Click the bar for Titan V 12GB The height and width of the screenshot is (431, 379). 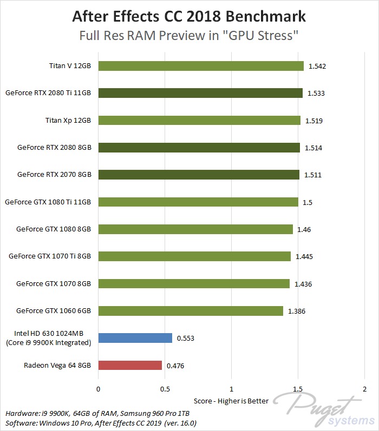200,66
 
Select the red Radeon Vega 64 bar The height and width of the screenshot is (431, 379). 130,365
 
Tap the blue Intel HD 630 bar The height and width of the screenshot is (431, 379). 135,338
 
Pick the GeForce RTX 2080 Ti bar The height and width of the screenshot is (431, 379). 200,93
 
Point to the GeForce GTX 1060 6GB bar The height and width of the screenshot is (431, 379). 190,310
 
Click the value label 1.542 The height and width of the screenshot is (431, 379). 317,67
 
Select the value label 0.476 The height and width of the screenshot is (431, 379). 175,366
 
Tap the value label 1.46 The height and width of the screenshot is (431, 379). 304,229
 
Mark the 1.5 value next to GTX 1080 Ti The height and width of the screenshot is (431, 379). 308,202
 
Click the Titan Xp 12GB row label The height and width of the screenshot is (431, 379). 68,120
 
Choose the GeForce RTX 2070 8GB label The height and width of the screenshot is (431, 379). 54,175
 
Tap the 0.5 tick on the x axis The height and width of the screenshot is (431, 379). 165,389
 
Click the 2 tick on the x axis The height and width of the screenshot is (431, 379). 364,389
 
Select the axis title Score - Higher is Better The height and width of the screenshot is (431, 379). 231,401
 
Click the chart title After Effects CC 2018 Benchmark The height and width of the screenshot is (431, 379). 189,17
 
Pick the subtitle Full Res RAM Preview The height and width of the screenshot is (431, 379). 189,36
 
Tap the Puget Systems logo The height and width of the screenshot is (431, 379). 319,409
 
